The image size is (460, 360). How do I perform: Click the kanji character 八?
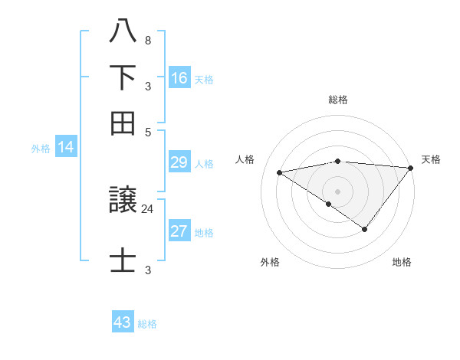123,32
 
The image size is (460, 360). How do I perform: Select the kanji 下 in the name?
123,77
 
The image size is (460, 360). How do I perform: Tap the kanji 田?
123,123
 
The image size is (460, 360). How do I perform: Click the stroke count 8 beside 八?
147,41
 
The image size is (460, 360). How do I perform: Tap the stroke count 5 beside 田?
147,131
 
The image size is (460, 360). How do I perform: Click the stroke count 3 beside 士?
147,270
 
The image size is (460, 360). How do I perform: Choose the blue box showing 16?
179,77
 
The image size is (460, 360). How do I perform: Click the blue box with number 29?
179,162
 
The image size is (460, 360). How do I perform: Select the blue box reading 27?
179,231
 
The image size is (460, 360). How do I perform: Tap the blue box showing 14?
66,148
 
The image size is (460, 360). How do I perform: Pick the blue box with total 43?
123,322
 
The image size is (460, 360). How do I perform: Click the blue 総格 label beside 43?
147,324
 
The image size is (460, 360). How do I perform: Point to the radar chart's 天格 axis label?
431,159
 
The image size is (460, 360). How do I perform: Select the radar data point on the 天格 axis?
410,168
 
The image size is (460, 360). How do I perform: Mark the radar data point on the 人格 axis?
280,172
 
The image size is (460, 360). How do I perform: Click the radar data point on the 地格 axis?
365,229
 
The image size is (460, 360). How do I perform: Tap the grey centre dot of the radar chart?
338,191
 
